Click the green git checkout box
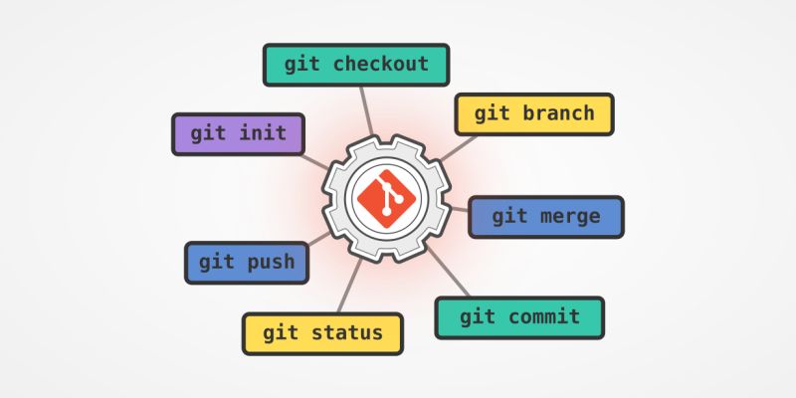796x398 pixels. (x=356, y=65)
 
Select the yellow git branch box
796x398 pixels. (x=534, y=113)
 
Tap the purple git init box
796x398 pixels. (x=238, y=133)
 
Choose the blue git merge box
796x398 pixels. (x=545, y=217)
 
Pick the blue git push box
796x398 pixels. (x=246, y=263)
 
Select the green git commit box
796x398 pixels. (x=519, y=317)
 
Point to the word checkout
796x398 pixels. (x=381, y=65)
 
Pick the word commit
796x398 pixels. (x=543, y=317)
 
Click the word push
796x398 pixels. (x=271, y=263)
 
